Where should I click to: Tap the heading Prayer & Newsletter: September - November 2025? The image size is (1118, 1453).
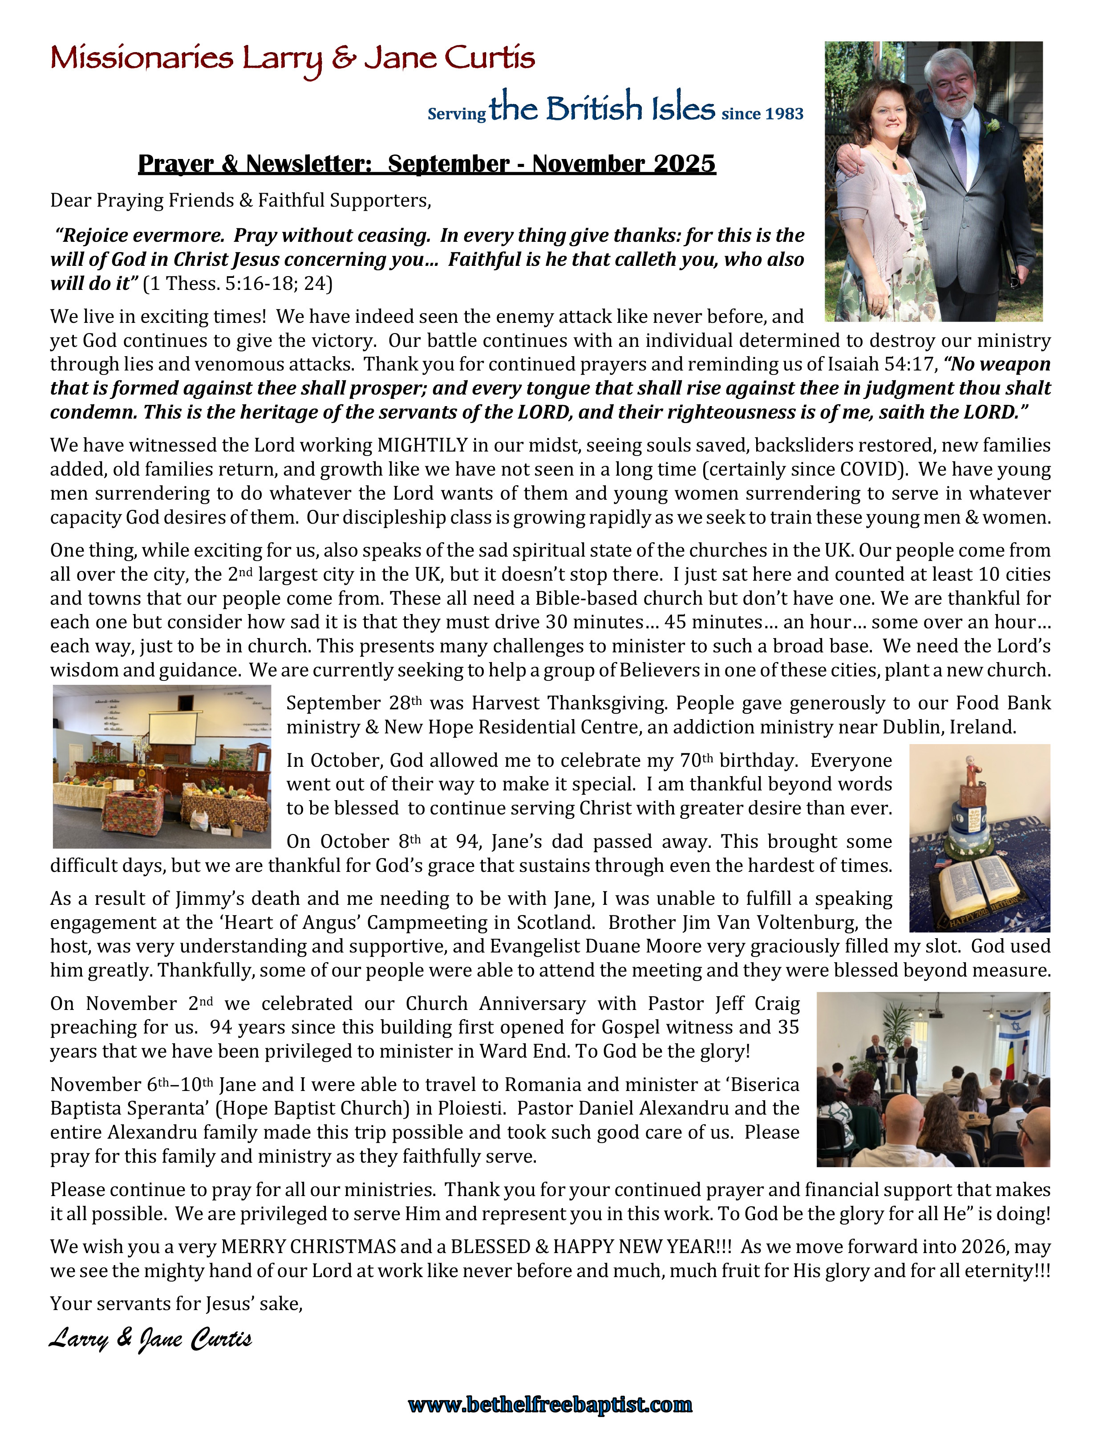pyautogui.click(x=426, y=164)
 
